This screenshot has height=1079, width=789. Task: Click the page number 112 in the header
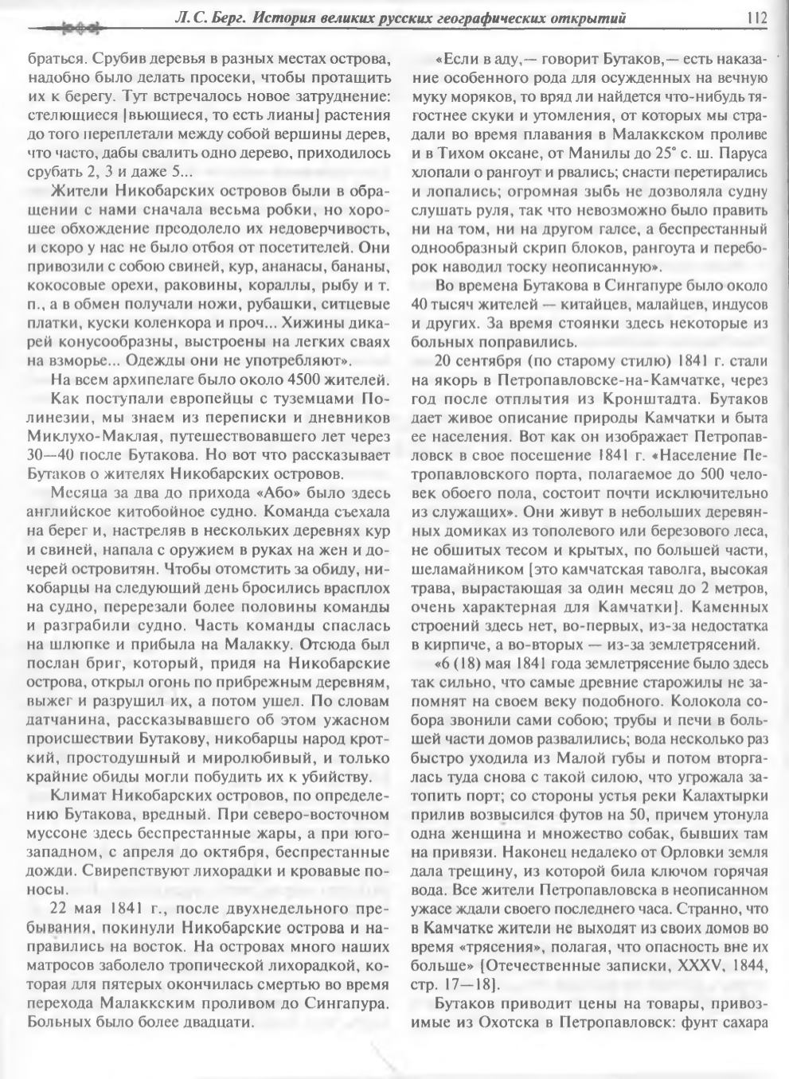pyautogui.click(x=756, y=17)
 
